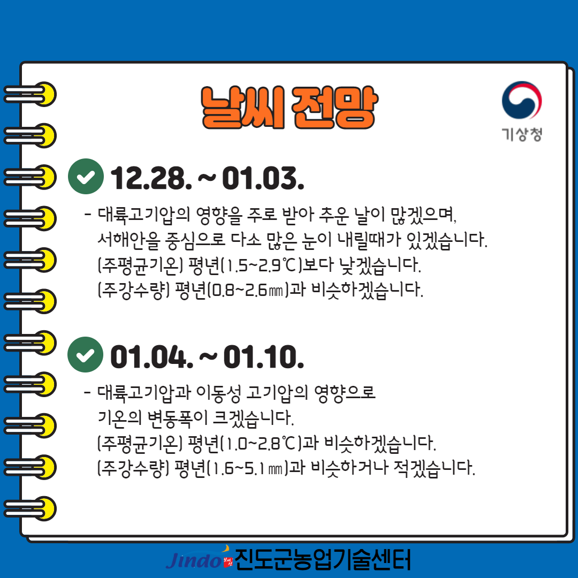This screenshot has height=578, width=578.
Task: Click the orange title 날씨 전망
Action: [x=288, y=108]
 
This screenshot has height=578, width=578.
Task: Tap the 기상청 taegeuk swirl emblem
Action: [x=521, y=102]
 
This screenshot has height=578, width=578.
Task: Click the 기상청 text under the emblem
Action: [x=522, y=134]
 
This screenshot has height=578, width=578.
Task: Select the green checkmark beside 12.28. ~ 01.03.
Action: [x=86, y=176]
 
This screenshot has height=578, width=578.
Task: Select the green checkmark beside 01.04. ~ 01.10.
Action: [x=86, y=354]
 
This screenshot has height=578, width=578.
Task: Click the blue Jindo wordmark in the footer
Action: [x=193, y=560]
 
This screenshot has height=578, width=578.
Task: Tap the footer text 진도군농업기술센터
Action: [x=323, y=560]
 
